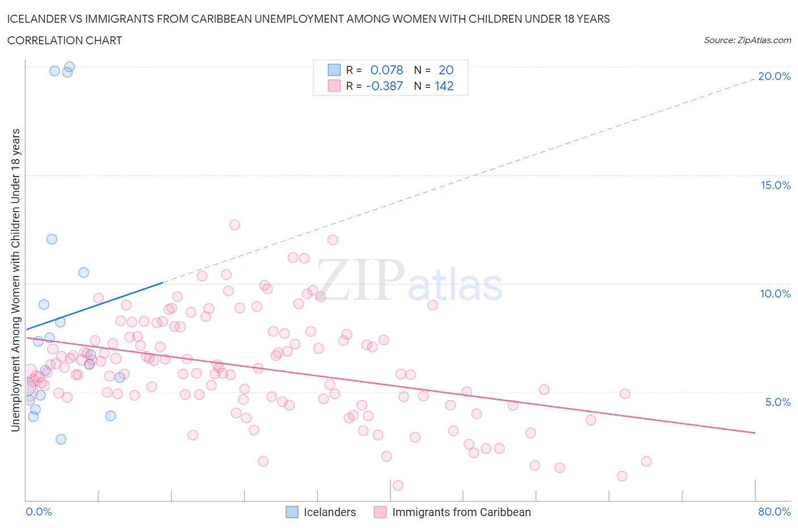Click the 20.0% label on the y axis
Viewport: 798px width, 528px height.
click(774, 76)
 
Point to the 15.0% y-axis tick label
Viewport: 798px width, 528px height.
click(775, 185)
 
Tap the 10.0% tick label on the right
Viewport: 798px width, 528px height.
click(775, 294)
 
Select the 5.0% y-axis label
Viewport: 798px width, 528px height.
click(778, 402)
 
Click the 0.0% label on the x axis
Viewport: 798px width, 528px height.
click(39, 512)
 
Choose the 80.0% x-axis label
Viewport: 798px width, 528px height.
click(774, 512)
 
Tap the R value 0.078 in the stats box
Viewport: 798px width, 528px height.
click(387, 70)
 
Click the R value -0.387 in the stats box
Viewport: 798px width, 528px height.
click(384, 86)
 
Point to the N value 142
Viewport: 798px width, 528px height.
click(444, 86)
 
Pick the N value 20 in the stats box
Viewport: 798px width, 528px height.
click(446, 70)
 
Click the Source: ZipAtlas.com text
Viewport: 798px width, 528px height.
click(747, 40)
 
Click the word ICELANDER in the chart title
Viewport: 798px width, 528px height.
click(37, 19)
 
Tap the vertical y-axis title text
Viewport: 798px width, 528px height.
click(15, 280)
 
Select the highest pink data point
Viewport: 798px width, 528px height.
click(234, 225)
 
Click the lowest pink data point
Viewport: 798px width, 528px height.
click(398, 485)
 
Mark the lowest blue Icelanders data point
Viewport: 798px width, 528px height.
click(61, 439)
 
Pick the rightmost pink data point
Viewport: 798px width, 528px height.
click(646, 461)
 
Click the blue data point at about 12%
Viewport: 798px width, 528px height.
click(52, 239)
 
